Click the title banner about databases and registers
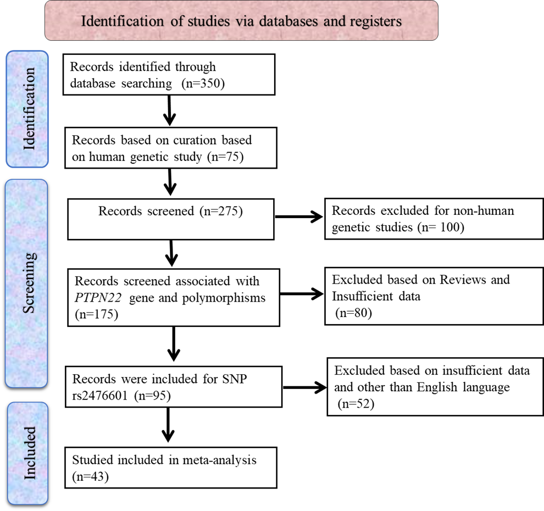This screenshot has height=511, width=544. coord(241,21)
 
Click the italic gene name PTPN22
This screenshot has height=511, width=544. coord(98,298)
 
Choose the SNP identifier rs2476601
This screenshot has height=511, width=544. coord(104,396)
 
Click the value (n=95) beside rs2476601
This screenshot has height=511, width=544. coord(156,396)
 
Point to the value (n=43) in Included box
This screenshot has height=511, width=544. coord(91,476)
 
